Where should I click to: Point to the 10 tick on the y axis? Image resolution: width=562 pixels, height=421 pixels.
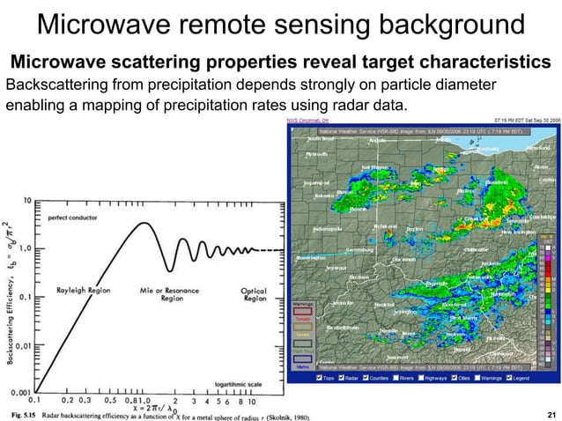(x=28, y=199)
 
